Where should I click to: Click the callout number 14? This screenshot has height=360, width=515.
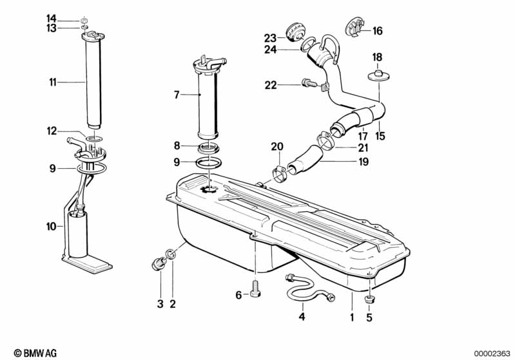pos(51,19)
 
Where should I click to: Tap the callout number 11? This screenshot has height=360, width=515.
pos(53,82)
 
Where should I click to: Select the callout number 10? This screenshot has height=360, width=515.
pos(51,226)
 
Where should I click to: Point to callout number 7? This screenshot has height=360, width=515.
pos(177,95)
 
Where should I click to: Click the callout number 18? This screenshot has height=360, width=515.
pos(377,57)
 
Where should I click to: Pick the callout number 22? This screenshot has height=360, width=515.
pos(271,85)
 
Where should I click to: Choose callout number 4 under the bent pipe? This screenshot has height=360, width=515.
pos(302,317)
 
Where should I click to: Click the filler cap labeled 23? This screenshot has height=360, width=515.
pos(295,32)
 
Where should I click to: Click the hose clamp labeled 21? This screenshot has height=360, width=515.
pos(325,140)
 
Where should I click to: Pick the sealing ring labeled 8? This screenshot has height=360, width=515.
pos(209,148)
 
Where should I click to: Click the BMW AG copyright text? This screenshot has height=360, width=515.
pos(35,353)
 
